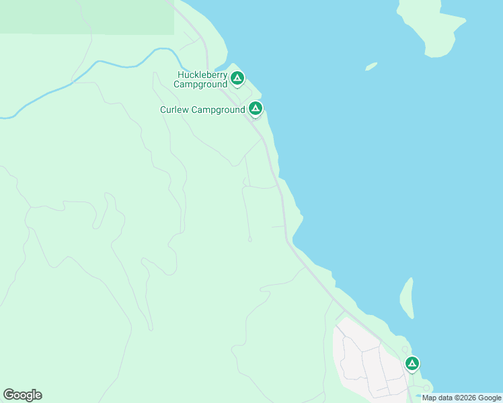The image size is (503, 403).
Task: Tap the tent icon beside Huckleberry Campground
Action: [237, 79]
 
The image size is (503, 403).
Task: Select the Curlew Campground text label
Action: [202, 109]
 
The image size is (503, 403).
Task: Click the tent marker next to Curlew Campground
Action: [255, 107]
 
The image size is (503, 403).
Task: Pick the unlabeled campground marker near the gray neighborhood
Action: [412, 363]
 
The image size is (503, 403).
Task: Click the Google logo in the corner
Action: [22, 395]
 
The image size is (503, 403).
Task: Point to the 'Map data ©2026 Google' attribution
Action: [461, 398]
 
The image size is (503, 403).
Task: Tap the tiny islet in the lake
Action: [371, 66]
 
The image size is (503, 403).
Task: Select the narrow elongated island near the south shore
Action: [407, 297]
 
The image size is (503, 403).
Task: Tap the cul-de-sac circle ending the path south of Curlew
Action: [249, 239]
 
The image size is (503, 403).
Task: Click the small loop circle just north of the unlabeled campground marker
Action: [405, 349]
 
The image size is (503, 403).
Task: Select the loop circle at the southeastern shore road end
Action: [426, 388]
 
